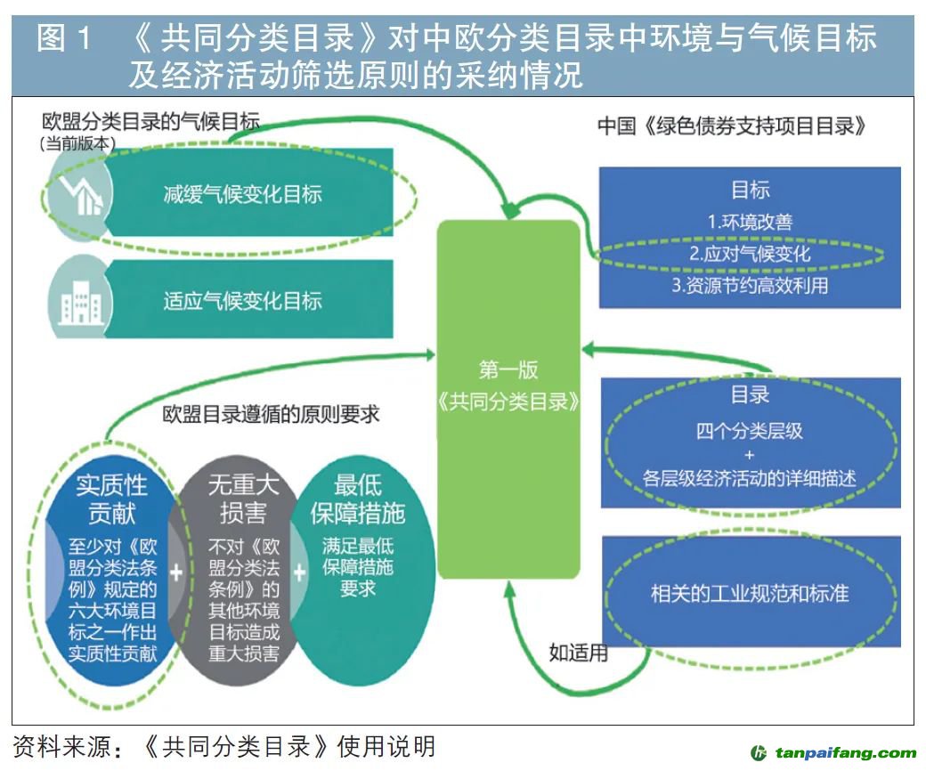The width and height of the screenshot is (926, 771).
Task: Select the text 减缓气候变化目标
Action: (x=242, y=194)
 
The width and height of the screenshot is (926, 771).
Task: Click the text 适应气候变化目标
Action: (x=242, y=301)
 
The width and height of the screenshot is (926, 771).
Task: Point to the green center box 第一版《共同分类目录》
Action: (x=508, y=386)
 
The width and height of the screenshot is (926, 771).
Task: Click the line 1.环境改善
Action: (x=750, y=223)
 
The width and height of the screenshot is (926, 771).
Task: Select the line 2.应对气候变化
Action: (x=750, y=254)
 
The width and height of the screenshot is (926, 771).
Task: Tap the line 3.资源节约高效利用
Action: (x=750, y=285)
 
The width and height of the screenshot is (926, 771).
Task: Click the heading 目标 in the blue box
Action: (x=750, y=190)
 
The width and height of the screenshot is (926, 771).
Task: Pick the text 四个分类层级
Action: (x=750, y=432)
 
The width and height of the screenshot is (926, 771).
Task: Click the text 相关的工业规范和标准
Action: (x=750, y=592)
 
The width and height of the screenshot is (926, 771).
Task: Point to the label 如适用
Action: (x=579, y=653)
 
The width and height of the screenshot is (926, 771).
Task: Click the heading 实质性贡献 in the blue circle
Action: (x=111, y=499)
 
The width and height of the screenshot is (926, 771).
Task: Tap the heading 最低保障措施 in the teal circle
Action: (x=358, y=499)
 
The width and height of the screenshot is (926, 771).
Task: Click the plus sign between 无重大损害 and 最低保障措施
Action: (x=299, y=572)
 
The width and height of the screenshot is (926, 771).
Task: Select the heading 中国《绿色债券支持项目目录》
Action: (x=732, y=126)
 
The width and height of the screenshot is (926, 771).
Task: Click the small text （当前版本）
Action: (x=78, y=142)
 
